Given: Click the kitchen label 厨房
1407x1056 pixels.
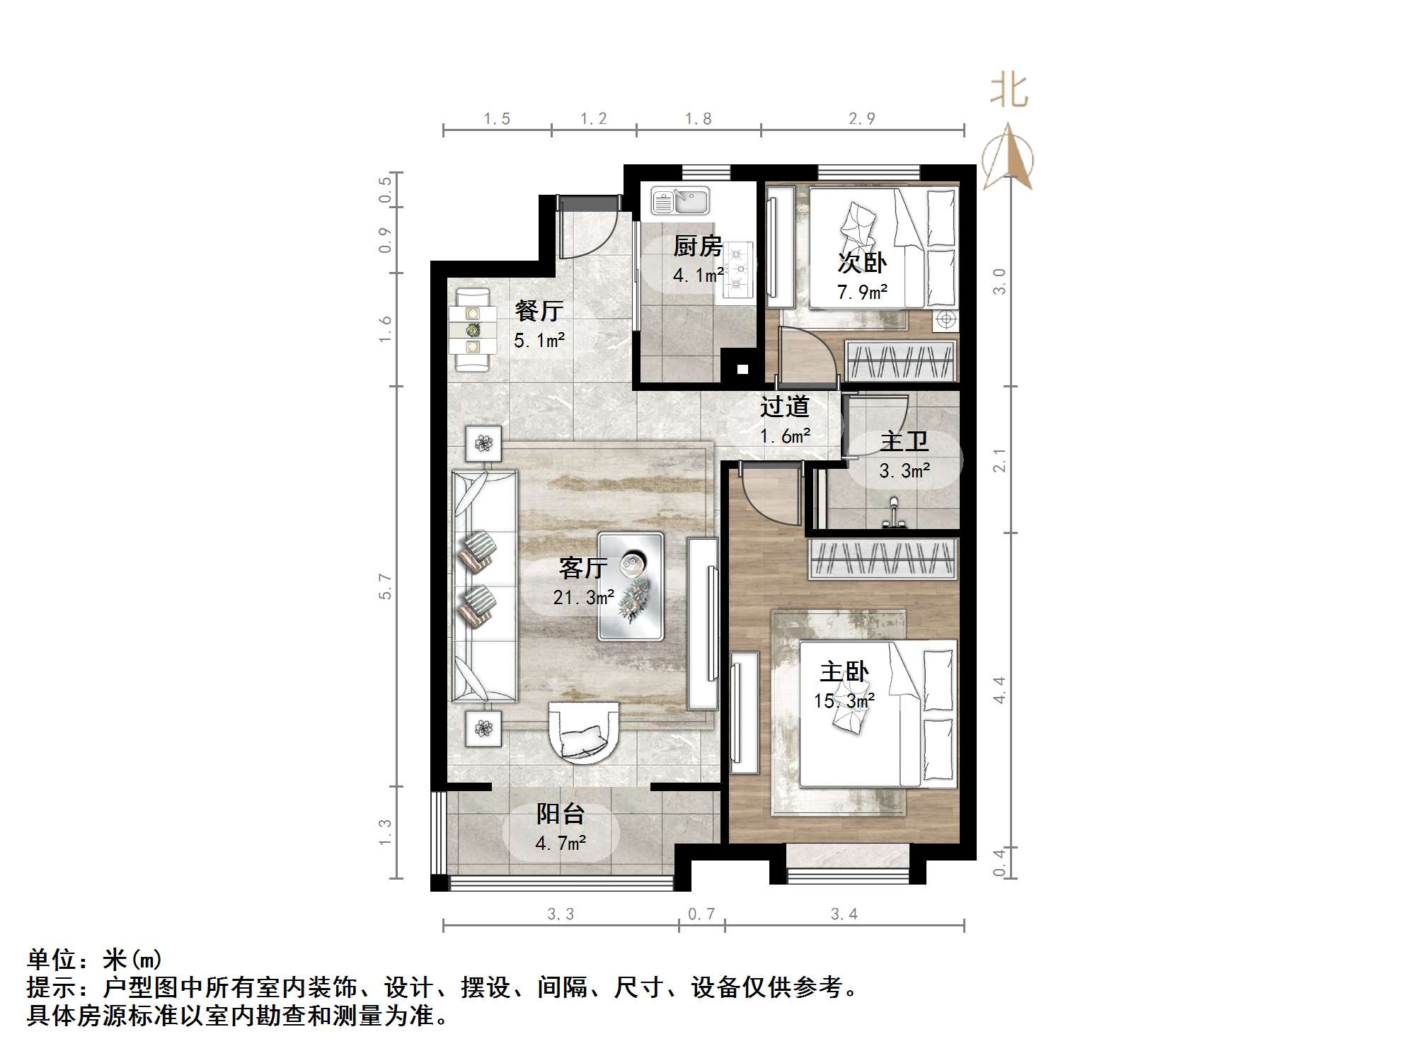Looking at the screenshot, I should point(697,246).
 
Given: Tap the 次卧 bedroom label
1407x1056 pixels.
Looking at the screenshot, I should point(861,263).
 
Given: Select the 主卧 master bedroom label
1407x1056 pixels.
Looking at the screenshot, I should point(844,671).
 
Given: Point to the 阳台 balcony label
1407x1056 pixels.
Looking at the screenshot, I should point(560,814).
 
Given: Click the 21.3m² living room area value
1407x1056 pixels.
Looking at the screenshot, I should point(583,598).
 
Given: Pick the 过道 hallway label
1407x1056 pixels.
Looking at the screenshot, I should point(784,407).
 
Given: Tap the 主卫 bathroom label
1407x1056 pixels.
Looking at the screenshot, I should point(904,441).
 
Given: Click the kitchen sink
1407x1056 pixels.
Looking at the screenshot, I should point(679,200).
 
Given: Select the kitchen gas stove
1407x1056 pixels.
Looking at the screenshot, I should point(739,268).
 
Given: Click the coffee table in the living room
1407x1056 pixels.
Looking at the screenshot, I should point(631,586).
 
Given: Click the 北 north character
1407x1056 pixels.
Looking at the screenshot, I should point(1009,91).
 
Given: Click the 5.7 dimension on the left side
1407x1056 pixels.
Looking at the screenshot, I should point(384,586).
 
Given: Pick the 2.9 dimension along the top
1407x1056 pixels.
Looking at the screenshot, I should point(862,119).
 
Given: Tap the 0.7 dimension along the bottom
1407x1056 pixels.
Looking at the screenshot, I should point(701,914).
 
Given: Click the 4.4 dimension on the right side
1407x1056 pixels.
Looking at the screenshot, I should point(999,689).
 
